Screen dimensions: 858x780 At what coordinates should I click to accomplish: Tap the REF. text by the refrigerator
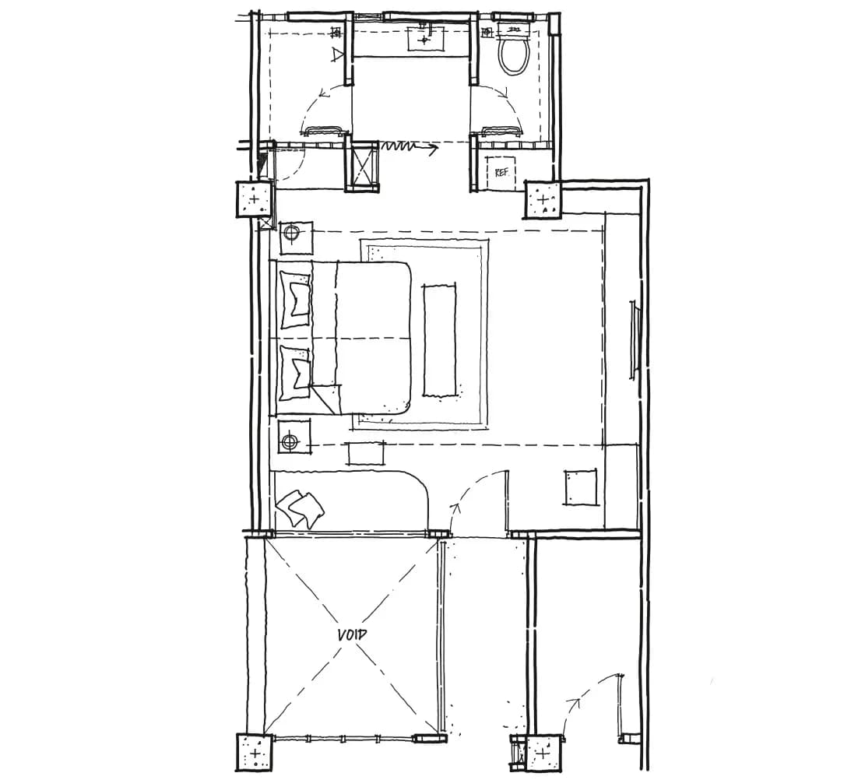coord(501,172)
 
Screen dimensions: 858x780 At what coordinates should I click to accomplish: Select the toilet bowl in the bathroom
coord(515,53)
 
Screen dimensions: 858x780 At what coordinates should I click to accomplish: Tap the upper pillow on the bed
coord(296,300)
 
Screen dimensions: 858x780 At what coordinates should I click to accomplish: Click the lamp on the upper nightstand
coord(291,234)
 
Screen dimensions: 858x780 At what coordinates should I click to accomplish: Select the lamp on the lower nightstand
coord(290,441)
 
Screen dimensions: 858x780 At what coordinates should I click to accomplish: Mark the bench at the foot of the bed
coord(439,339)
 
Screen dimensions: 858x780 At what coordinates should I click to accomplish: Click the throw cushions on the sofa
coord(301,508)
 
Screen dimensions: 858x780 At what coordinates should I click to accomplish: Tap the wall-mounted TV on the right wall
coord(635,340)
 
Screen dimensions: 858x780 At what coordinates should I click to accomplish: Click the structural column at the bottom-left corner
coord(255,753)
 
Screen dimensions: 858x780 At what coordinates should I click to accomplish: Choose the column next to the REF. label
coord(543,199)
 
